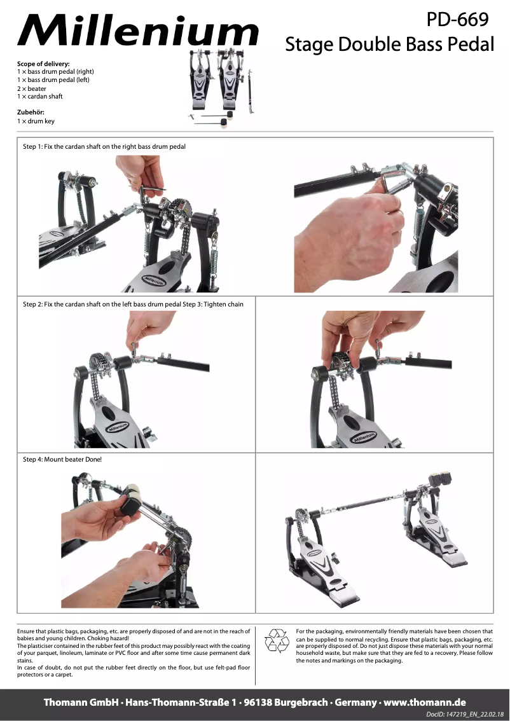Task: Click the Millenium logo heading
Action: click(x=138, y=31)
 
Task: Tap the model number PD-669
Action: click(x=457, y=19)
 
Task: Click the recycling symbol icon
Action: click(x=277, y=641)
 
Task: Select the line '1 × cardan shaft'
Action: click(x=39, y=97)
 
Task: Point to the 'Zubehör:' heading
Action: click(x=31, y=112)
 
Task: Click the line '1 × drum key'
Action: click(x=36, y=121)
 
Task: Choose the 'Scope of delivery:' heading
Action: click(x=43, y=64)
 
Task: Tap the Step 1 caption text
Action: click(x=104, y=147)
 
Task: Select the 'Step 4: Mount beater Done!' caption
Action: click(x=62, y=459)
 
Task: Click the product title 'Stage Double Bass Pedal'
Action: click(x=390, y=45)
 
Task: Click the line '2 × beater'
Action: click(x=32, y=89)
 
